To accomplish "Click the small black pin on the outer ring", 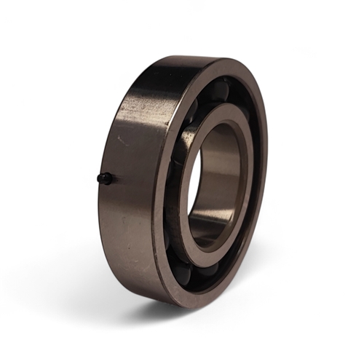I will (106, 178).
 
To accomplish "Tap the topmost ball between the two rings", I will (222, 90).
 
